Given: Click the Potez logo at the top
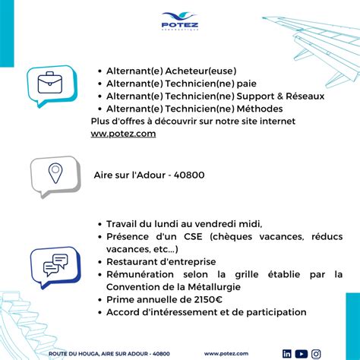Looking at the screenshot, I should [x=179, y=20].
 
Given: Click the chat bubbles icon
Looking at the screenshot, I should [x=55, y=264].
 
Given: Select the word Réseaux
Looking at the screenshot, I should [x=302, y=96].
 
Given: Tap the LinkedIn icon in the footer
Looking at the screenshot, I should [x=287, y=353].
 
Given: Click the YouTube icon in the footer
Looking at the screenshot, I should [x=302, y=353].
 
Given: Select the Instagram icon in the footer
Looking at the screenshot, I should [x=316, y=353].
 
